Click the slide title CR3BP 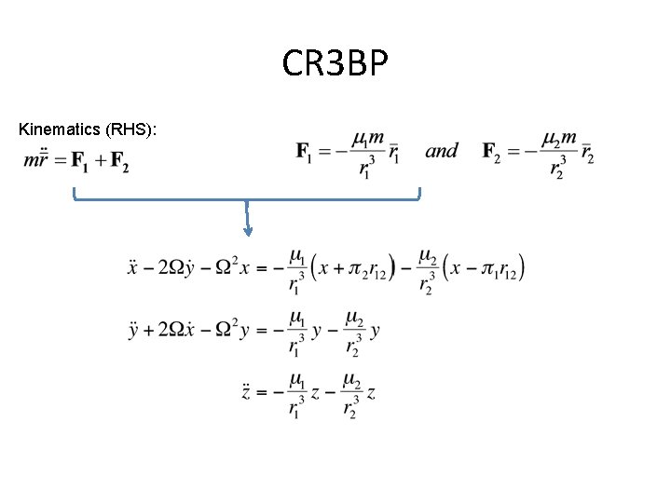(x=335, y=64)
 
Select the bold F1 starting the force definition (x=305, y=151)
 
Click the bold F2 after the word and (x=494, y=151)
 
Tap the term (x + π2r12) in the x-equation (x=355, y=269)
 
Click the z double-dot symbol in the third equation (x=247, y=392)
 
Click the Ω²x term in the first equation (x=233, y=268)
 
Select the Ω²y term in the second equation (x=233, y=331)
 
